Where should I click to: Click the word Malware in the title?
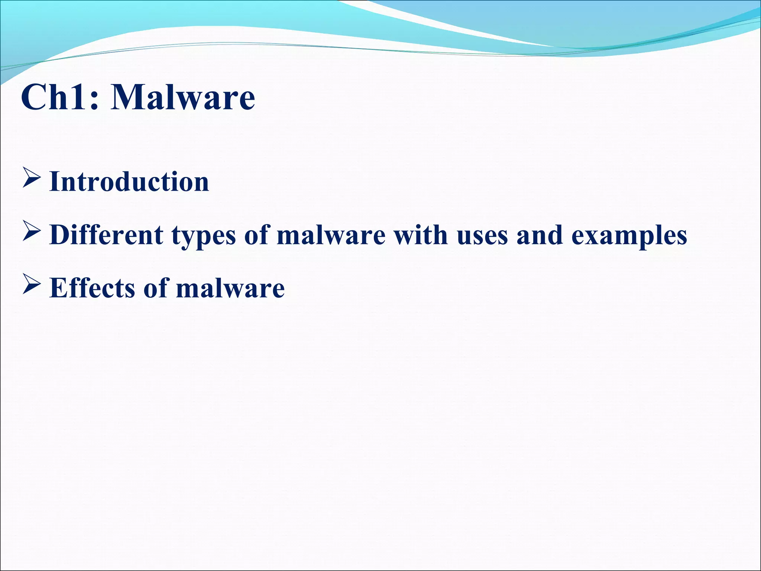[183, 97]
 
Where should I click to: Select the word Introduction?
[129, 182]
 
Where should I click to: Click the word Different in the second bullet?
[106, 235]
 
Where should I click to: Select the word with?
[420, 235]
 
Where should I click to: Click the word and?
[539, 235]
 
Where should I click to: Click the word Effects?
[92, 288]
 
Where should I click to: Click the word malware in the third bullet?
[230, 289]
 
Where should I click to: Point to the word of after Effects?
[155, 288]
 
